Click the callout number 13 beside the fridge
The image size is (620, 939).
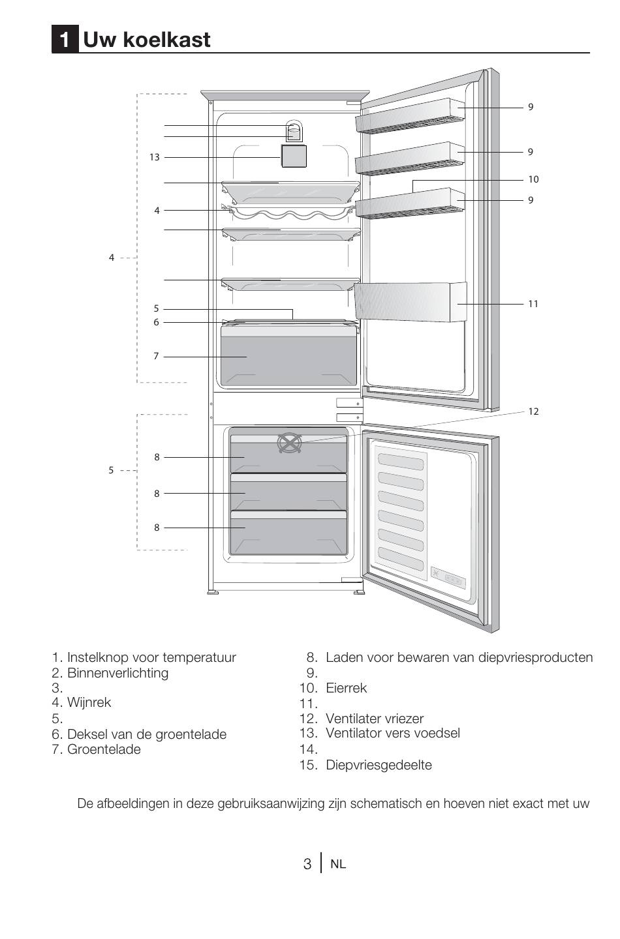click(x=155, y=157)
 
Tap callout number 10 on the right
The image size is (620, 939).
click(x=533, y=179)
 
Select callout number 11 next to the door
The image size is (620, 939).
click(x=533, y=304)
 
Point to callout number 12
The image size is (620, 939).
click(x=533, y=411)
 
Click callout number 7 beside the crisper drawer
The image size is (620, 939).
click(x=156, y=356)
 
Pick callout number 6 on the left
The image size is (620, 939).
click(x=156, y=322)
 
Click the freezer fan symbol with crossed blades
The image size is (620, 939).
click(x=290, y=443)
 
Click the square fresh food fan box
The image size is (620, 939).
click(x=294, y=156)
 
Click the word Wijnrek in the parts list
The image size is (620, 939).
click(x=89, y=702)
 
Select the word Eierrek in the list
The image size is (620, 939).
click(x=346, y=689)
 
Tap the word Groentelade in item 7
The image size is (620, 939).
click(x=104, y=749)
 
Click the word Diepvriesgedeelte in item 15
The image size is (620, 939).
click(x=379, y=765)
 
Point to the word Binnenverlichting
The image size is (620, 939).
click(x=118, y=673)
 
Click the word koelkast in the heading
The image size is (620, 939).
click(x=167, y=40)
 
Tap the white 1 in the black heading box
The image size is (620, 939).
click(x=65, y=40)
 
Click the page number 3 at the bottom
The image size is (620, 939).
click(x=307, y=865)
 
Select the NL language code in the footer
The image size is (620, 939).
click(x=338, y=865)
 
